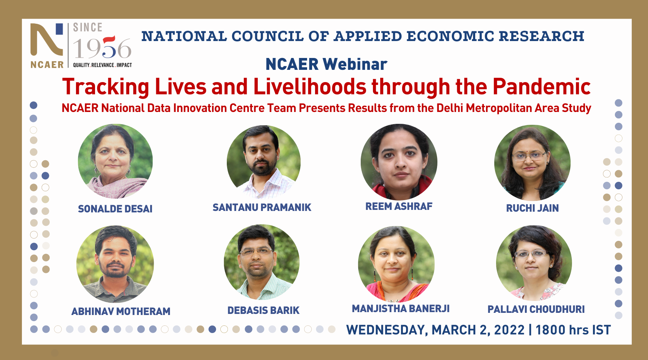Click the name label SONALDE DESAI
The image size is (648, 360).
click(115, 209)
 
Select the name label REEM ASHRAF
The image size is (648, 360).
click(399, 206)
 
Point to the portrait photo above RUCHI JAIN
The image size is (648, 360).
click(532, 163)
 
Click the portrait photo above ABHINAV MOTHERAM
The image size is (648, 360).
click(115, 264)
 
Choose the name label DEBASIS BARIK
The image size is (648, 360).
click(264, 310)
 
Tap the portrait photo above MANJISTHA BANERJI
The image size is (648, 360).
click(396, 264)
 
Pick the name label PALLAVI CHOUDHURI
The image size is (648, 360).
click(536, 309)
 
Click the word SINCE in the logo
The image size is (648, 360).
click(88, 27)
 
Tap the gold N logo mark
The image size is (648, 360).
click(46, 40)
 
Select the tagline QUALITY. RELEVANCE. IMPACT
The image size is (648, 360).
click(103, 65)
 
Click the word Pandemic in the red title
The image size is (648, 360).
click(542, 87)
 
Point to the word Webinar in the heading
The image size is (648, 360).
click(355, 64)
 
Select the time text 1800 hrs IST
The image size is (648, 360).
click(573, 330)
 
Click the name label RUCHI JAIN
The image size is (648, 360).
click(532, 208)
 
